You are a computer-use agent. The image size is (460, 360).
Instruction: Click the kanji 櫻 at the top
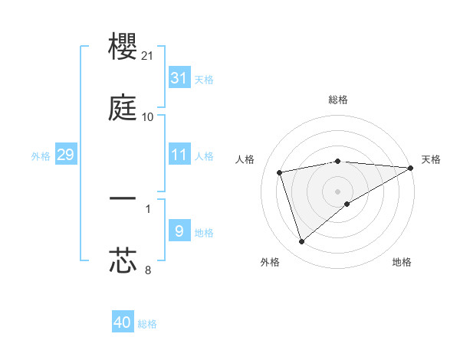click(x=123, y=47)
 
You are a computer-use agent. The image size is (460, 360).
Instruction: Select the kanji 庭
click(x=123, y=109)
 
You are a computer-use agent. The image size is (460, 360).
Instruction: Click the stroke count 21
click(x=149, y=56)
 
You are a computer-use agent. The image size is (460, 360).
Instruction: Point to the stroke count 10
click(x=148, y=117)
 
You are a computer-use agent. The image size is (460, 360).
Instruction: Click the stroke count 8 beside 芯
click(x=148, y=269)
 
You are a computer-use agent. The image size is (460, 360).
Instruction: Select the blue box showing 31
click(x=179, y=78)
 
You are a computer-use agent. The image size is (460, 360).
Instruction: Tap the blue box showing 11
click(x=179, y=155)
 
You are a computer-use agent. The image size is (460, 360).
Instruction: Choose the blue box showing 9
click(x=179, y=231)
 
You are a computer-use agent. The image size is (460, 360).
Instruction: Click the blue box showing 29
click(x=65, y=155)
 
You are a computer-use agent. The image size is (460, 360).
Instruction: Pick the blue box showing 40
click(x=123, y=322)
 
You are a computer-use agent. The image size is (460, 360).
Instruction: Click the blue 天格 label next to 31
click(x=204, y=79)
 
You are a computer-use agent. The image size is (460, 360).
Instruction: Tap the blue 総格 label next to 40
click(x=148, y=324)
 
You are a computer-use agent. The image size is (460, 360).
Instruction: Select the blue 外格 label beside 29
click(x=41, y=155)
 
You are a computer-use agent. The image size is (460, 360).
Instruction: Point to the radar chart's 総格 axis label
click(x=338, y=100)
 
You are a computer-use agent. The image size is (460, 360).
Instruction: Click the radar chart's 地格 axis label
click(x=402, y=262)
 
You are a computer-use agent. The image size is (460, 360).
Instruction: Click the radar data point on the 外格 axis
click(x=301, y=242)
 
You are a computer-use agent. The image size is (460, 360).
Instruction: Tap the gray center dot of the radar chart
click(x=338, y=191)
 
